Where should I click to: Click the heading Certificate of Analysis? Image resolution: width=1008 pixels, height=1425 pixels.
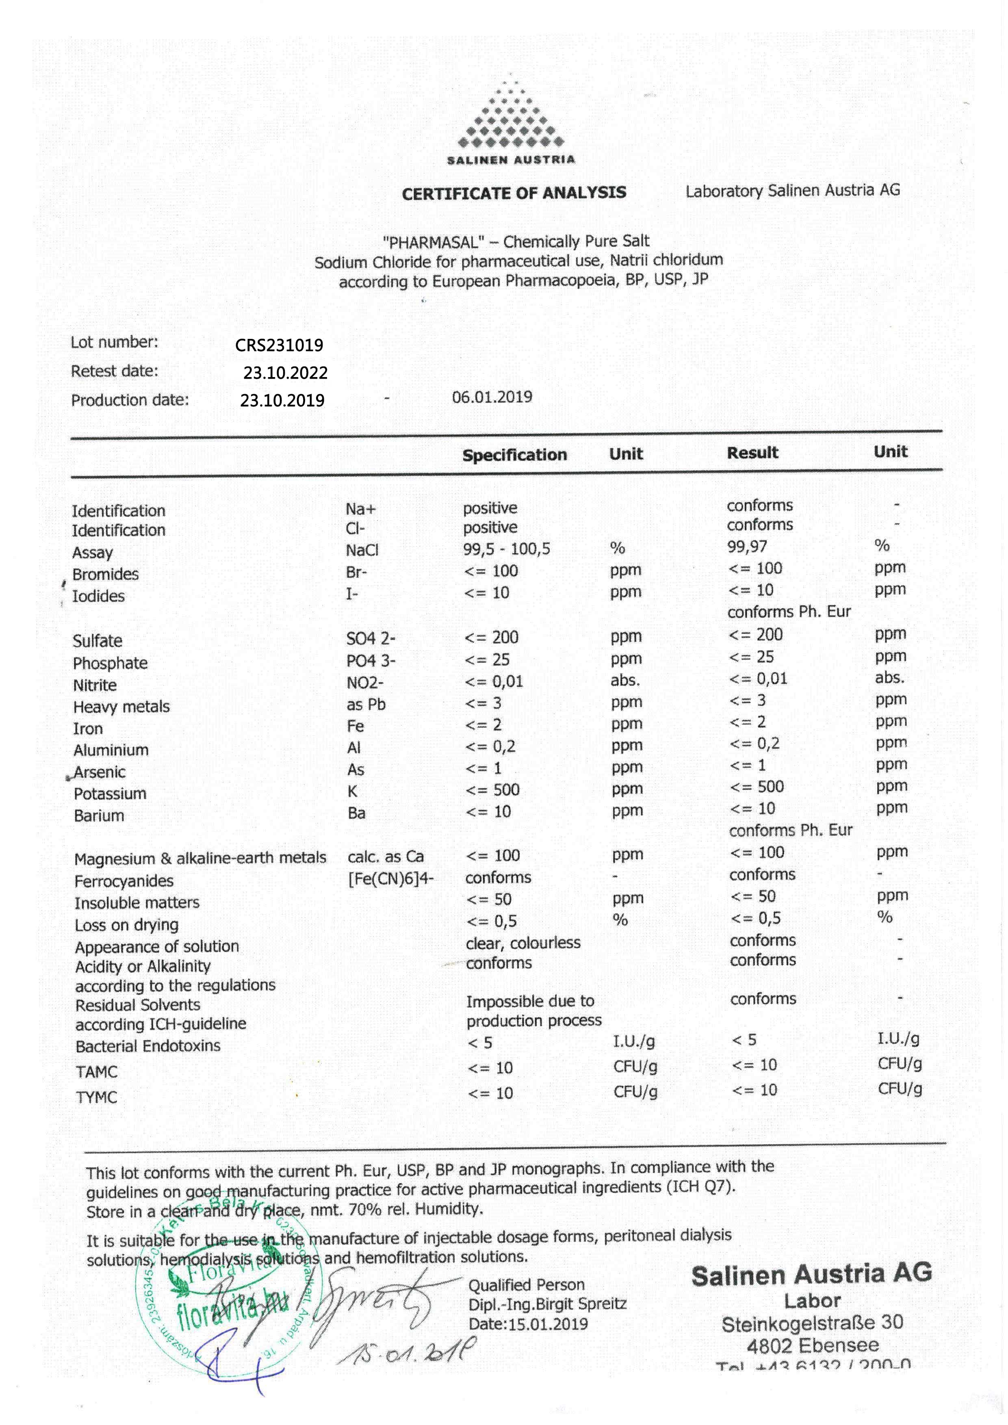click(514, 193)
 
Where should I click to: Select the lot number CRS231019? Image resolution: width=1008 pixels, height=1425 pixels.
click(279, 345)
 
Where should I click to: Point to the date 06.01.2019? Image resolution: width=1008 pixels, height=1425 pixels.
click(492, 397)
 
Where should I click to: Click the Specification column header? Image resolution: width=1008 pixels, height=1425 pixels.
click(514, 455)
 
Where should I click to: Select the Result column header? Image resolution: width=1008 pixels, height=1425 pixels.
click(752, 453)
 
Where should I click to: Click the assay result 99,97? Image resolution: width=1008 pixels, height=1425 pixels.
click(747, 547)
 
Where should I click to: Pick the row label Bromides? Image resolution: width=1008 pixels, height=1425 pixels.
click(106, 574)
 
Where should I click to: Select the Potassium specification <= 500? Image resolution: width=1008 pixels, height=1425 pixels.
click(492, 790)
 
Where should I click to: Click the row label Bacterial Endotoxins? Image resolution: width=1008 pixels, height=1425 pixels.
click(148, 1046)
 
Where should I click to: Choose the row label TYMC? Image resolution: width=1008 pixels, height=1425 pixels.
click(96, 1097)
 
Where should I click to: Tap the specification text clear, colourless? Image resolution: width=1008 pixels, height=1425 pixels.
click(522, 943)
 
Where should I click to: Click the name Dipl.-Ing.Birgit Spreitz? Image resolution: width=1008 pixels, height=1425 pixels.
click(547, 1304)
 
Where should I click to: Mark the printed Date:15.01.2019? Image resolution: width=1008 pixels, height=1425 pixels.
click(528, 1324)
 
